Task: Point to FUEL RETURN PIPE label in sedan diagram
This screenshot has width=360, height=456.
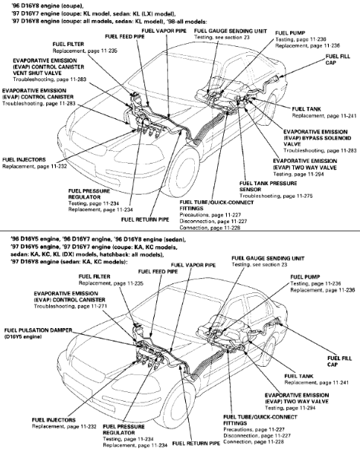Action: point(190,444)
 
